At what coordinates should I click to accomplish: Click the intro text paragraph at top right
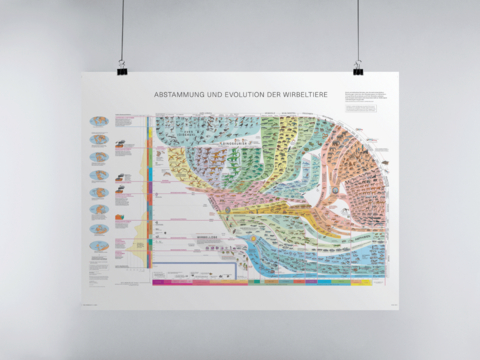point(362,96)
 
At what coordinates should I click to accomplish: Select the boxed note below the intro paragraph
point(359,107)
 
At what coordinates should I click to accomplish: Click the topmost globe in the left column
point(100,122)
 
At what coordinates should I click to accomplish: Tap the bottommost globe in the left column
point(100,246)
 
